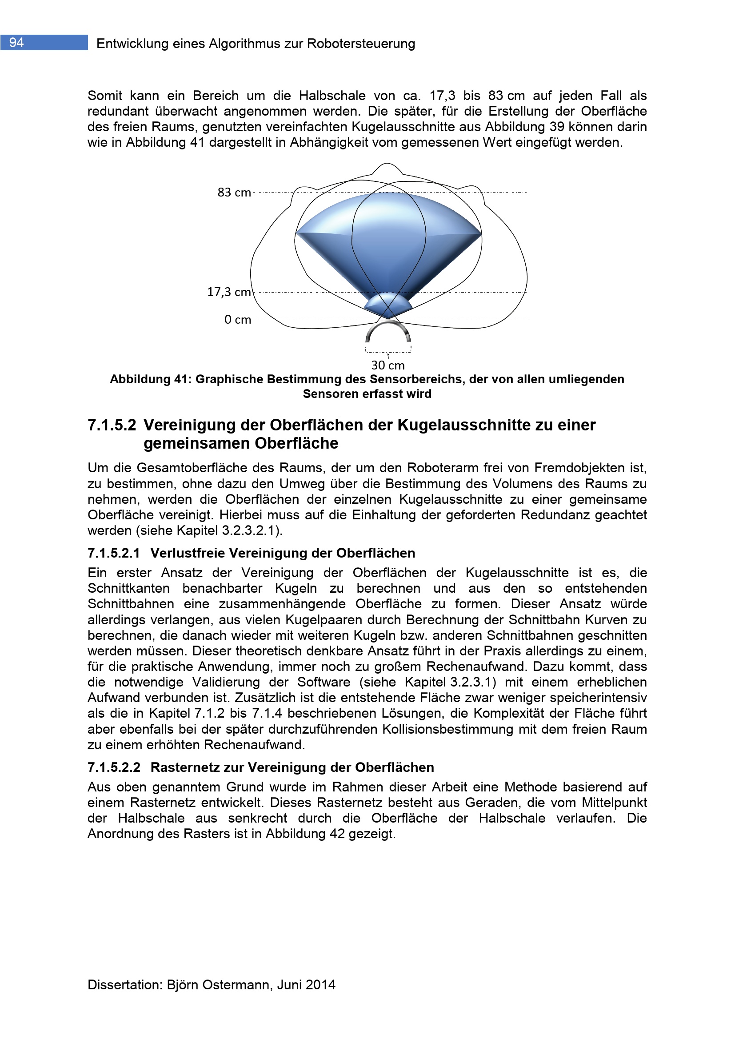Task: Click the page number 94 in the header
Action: pos(16,43)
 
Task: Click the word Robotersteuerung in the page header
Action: pos(361,44)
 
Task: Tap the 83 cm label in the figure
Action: pos(234,193)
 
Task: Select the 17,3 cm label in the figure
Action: pos(228,292)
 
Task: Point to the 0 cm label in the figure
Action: pos(238,320)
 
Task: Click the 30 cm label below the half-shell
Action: pos(388,365)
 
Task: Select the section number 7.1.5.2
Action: pos(112,425)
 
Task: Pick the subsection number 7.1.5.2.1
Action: pos(114,553)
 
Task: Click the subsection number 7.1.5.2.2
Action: pos(114,767)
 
